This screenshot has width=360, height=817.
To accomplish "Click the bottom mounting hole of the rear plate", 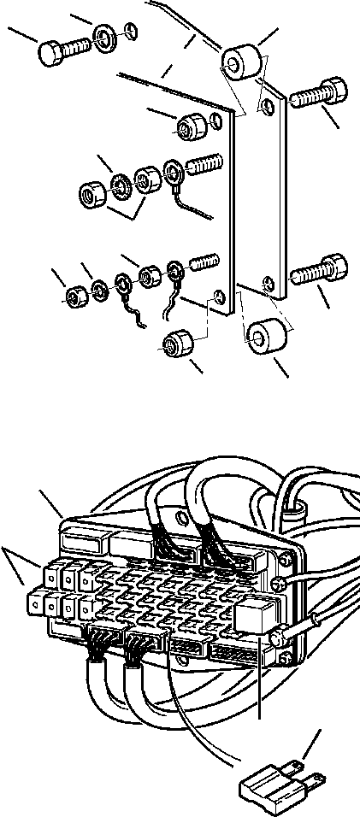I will click(269, 283).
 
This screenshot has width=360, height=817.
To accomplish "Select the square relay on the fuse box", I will click(258, 618).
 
